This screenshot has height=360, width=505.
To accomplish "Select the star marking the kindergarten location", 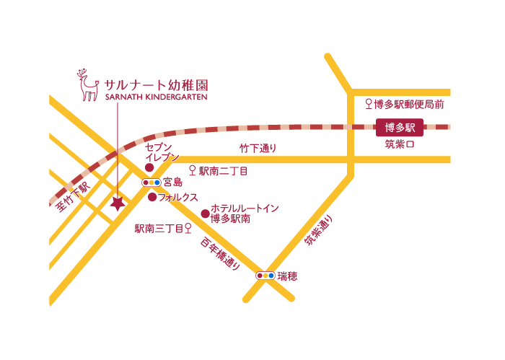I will (117, 204).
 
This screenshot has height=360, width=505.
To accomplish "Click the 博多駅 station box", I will (400, 128).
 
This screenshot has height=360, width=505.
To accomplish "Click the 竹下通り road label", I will (258, 149).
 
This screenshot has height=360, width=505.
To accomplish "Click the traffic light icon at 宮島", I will (151, 183).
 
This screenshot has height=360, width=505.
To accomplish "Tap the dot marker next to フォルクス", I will (152, 196).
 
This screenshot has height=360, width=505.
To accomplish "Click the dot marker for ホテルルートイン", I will (205, 214).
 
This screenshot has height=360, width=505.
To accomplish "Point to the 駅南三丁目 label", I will (159, 229).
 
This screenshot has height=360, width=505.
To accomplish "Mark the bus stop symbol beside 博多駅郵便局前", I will (369, 104).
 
